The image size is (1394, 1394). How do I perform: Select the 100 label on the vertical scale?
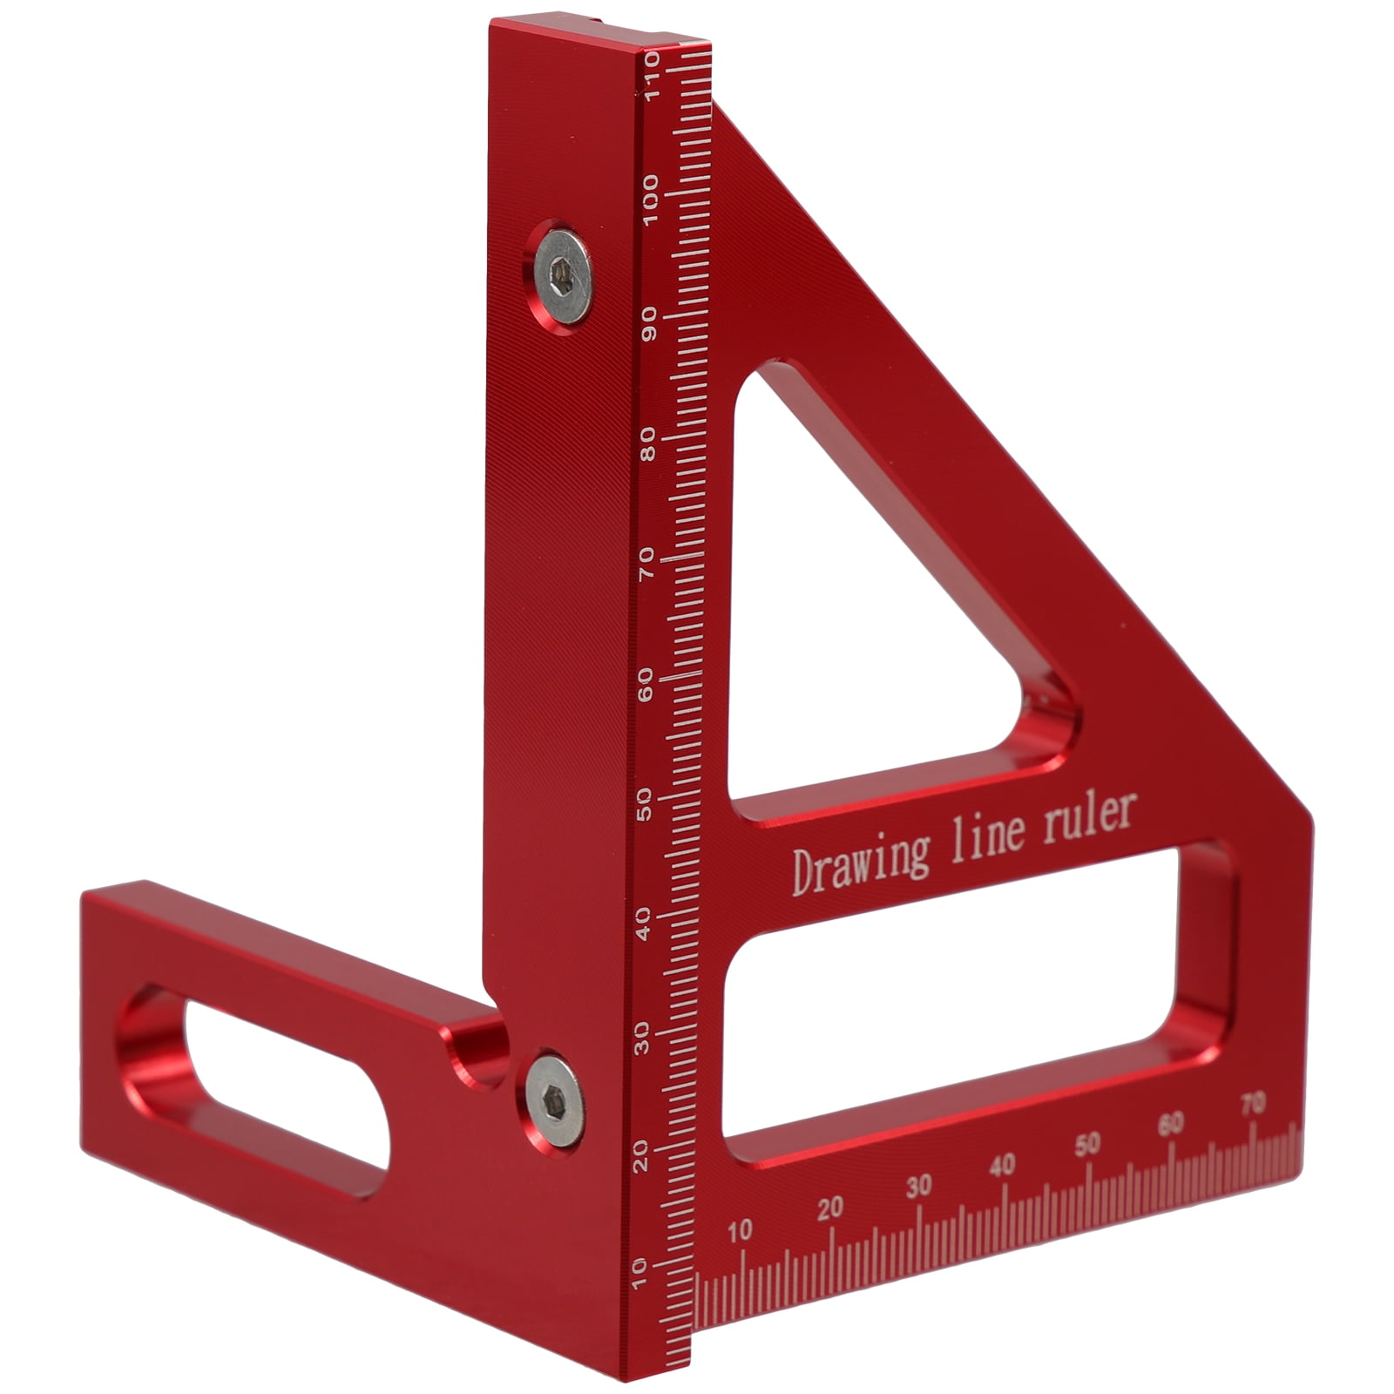click(649, 200)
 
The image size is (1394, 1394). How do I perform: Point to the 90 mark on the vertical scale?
click(648, 324)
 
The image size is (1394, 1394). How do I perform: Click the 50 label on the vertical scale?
click(646, 802)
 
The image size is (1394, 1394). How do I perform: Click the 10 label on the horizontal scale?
click(739, 1230)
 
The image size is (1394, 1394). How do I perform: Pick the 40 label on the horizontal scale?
click(1002, 1165)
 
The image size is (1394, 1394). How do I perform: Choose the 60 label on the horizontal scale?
click(1171, 1124)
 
